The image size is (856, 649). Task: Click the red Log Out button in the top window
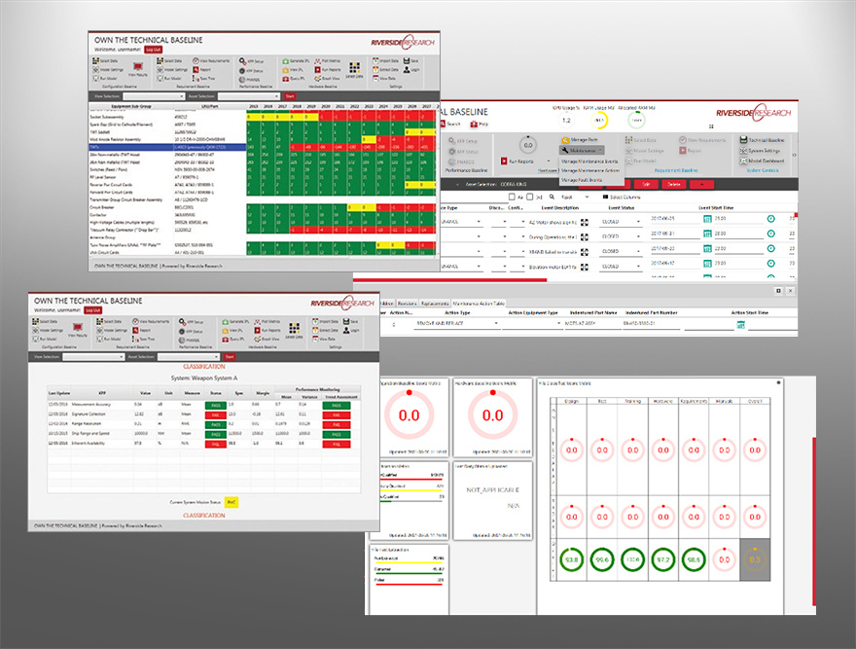153,49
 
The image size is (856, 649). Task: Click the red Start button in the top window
289,96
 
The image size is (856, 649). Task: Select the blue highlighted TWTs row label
98,147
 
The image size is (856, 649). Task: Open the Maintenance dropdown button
584,151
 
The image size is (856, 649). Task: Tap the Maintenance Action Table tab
478,303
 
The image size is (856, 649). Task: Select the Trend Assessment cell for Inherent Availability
337,445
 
